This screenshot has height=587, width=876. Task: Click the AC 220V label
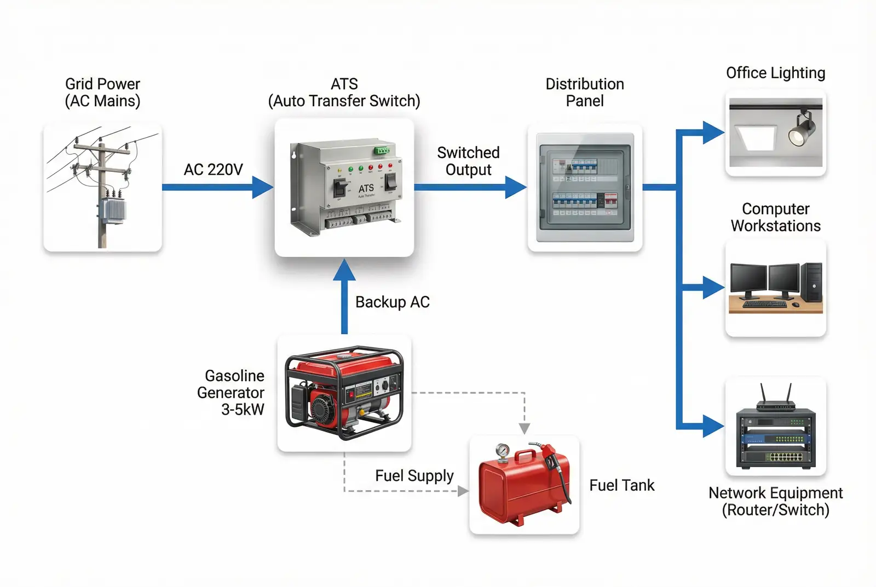[x=213, y=170]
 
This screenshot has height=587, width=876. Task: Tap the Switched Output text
[x=468, y=161]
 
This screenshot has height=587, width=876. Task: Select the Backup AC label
[x=392, y=302]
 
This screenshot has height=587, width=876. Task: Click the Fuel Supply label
[x=414, y=475]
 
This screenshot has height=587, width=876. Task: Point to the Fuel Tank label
[x=621, y=485]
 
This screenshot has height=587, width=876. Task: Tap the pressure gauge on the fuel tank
[x=502, y=451]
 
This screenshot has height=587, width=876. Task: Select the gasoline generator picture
[x=344, y=393]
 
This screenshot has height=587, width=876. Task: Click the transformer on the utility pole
[x=112, y=210]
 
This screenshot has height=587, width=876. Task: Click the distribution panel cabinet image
[x=585, y=187]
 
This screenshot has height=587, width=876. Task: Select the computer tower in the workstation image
[x=812, y=282]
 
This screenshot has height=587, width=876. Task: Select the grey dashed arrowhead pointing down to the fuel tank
[x=524, y=428]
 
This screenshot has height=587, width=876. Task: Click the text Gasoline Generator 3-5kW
[x=231, y=392]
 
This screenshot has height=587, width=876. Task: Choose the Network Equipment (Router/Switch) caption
[x=775, y=501]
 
